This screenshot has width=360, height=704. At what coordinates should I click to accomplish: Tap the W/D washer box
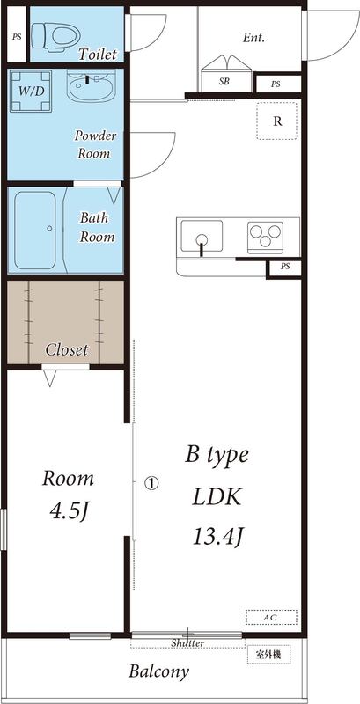(x=29, y=90)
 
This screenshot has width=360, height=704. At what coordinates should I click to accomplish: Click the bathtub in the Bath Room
(x=37, y=229)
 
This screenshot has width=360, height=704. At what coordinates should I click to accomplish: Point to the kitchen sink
(x=202, y=237)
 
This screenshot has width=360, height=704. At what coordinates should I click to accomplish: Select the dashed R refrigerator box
(x=277, y=121)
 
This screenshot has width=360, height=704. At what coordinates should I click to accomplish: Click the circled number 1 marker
(x=151, y=482)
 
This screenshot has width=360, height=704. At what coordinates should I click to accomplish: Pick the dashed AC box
(x=270, y=618)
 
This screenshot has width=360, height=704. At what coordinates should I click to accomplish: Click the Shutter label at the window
(x=187, y=643)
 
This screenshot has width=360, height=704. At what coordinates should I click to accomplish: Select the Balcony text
(x=159, y=671)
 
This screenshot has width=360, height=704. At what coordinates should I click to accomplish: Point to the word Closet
(x=67, y=349)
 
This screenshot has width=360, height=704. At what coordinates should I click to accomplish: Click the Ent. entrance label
(x=254, y=38)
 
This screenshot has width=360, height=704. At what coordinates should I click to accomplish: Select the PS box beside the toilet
(x=17, y=37)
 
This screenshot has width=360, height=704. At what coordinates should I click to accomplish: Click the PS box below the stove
(x=284, y=267)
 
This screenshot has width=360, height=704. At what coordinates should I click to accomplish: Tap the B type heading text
(x=217, y=455)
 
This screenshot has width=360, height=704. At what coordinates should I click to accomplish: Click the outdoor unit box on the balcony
(x=268, y=654)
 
